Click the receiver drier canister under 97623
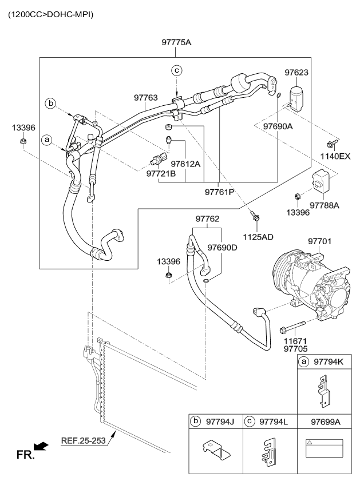click(x=298, y=96)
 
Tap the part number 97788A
click(x=325, y=205)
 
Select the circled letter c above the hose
click(x=177, y=70)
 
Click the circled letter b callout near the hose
click(x=52, y=104)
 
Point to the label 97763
click(x=145, y=98)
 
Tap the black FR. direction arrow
click(x=41, y=445)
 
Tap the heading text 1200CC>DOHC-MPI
click(x=50, y=13)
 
